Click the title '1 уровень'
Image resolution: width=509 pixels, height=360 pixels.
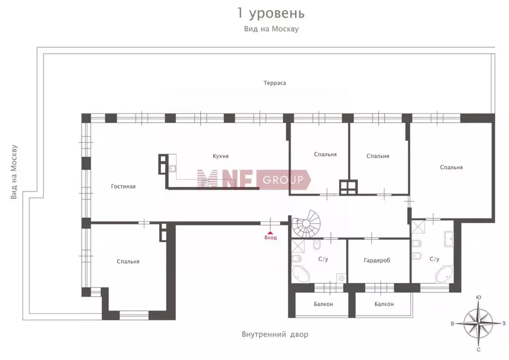click(271, 12)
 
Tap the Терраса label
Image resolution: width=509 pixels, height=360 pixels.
click(275, 83)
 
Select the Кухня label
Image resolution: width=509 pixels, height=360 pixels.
click(220, 156)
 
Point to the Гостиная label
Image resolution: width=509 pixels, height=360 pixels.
click(123, 186)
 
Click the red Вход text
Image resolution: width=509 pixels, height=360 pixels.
click(270, 238)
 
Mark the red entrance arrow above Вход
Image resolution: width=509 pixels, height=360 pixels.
click(270, 232)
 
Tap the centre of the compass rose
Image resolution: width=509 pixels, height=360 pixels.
click(478, 323)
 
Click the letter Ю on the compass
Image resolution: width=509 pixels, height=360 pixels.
click(478, 297)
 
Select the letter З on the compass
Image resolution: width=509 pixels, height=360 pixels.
click(504, 323)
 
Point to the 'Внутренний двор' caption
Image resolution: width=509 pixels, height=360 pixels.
click(275, 335)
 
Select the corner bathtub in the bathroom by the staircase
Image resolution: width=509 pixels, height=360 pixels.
click(301, 274)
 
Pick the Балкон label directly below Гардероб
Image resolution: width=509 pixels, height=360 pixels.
click(384, 304)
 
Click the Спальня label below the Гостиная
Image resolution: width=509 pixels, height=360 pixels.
click(128, 262)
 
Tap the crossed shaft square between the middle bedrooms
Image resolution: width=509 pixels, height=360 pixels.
click(346, 187)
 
